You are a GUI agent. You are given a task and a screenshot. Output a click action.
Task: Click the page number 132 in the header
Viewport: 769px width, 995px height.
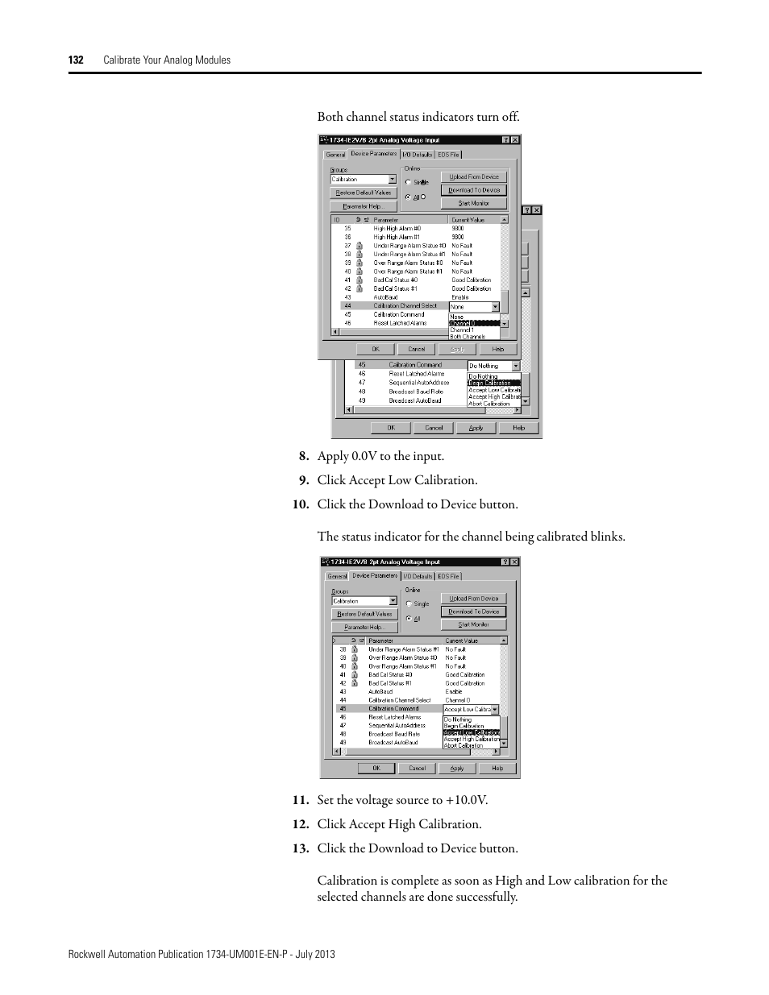(x=76, y=60)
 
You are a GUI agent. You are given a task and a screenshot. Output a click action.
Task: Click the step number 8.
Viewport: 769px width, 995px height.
(x=303, y=456)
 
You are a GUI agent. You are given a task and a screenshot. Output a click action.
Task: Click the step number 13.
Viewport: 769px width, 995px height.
(x=301, y=848)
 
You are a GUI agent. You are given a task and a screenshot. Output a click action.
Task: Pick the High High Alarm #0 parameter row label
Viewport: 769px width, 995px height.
(x=397, y=229)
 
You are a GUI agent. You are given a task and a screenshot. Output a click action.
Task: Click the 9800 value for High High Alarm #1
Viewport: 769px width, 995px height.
(x=458, y=238)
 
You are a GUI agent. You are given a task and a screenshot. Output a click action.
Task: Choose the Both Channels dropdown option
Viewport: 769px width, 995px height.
(x=468, y=337)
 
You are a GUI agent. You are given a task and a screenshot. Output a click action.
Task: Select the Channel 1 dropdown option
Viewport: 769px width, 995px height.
(x=462, y=330)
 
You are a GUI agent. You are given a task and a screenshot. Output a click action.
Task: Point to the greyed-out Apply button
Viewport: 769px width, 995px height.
(x=457, y=349)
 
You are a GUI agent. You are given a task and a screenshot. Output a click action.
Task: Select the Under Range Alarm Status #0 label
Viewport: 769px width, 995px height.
(x=409, y=246)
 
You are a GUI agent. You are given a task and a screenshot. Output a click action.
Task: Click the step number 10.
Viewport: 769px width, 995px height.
(x=301, y=504)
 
